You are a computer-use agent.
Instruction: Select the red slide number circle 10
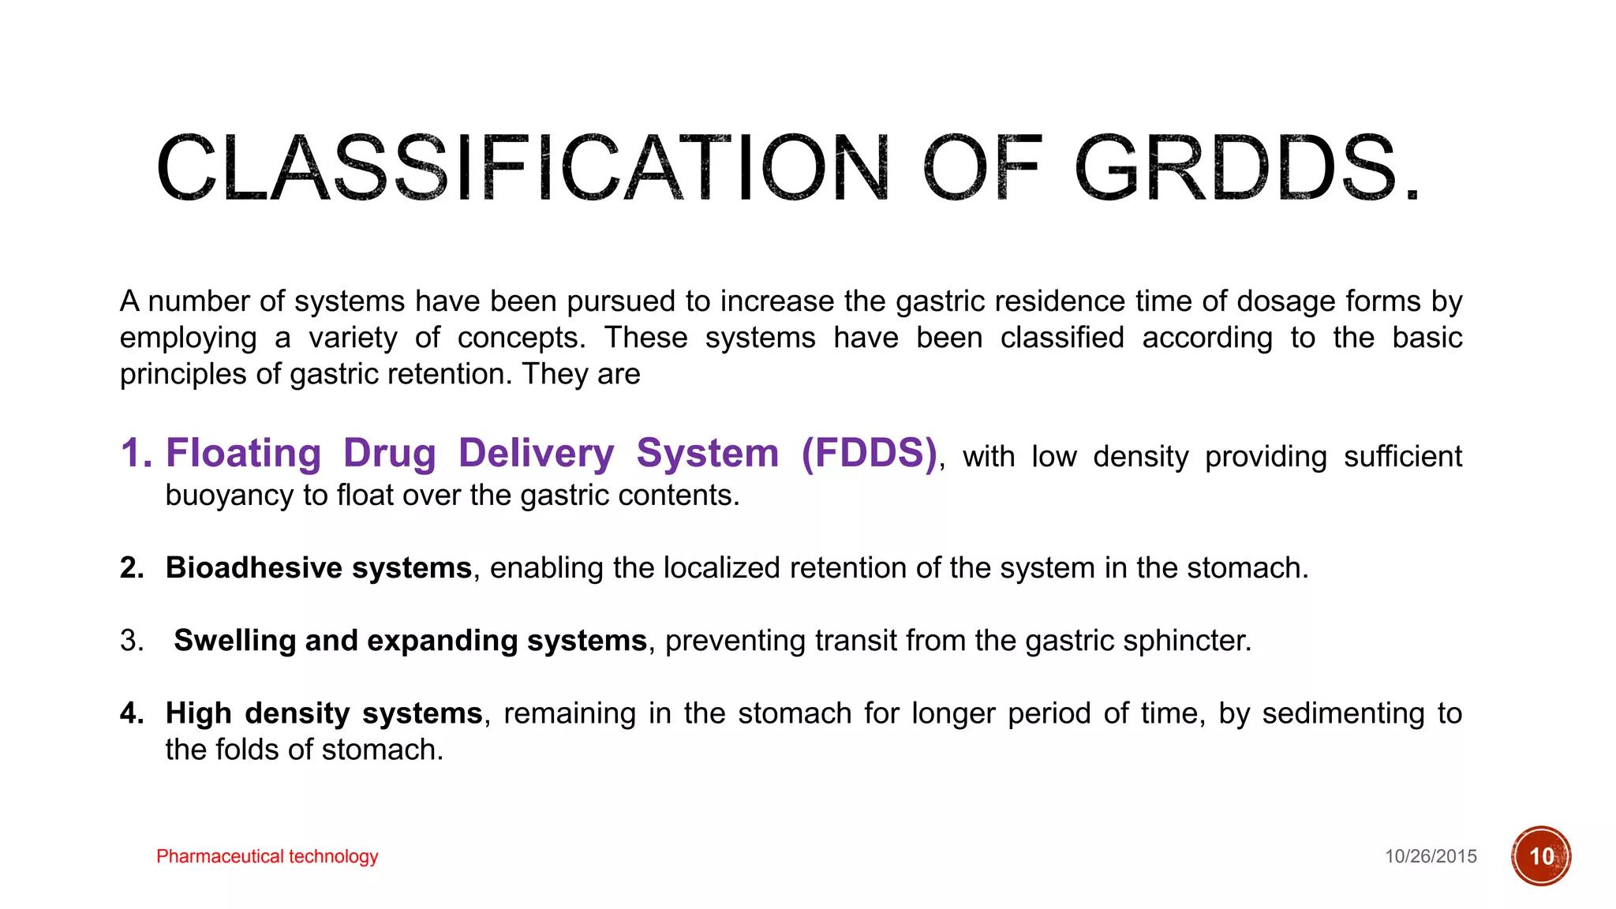pyautogui.click(x=1541, y=856)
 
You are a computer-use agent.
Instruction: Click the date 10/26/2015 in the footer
pyautogui.click(x=1431, y=857)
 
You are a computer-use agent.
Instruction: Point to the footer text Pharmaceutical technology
pyautogui.click(x=267, y=856)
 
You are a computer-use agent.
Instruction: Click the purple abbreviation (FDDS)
pyautogui.click(x=869, y=453)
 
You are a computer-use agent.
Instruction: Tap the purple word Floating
pyautogui.click(x=243, y=454)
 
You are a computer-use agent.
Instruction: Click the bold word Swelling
pyautogui.click(x=234, y=641)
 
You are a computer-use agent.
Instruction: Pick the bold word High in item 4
pyautogui.click(x=198, y=713)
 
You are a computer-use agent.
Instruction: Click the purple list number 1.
pyautogui.click(x=135, y=454)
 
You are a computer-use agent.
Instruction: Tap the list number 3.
pyautogui.click(x=131, y=641)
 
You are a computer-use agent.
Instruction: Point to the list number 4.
pyautogui.click(x=131, y=713)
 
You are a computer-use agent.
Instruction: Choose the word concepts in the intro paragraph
pyautogui.click(x=522, y=338)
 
